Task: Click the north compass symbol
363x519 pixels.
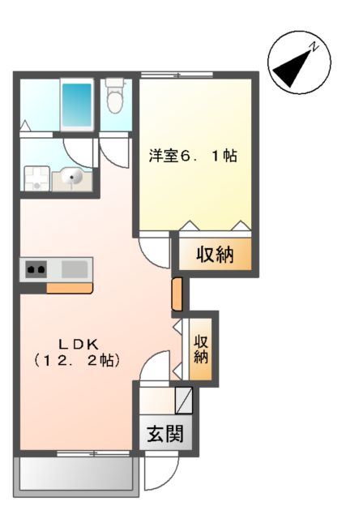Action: pyautogui.click(x=297, y=62)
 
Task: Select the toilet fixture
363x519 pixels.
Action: pyautogui.click(x=114, y=97)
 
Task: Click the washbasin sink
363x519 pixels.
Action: pyautogui.click(x=70, y=176)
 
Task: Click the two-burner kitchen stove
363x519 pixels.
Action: pyautogui.click(x=36, y=268)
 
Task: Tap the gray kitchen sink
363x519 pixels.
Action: pyautogui.click(x=75, y=268)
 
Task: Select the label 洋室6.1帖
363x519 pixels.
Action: pyautogui.click(x=192, y=156)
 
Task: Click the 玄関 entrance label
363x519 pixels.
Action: pyautogui.click(x=164, y=435)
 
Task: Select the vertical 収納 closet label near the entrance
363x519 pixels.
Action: pyautogui.click(x=201, y=348)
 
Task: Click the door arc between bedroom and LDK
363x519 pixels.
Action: pyautogui.click(x=154, y=247)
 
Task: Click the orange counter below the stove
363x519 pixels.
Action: pyautogui.click(x=69, y=287)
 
